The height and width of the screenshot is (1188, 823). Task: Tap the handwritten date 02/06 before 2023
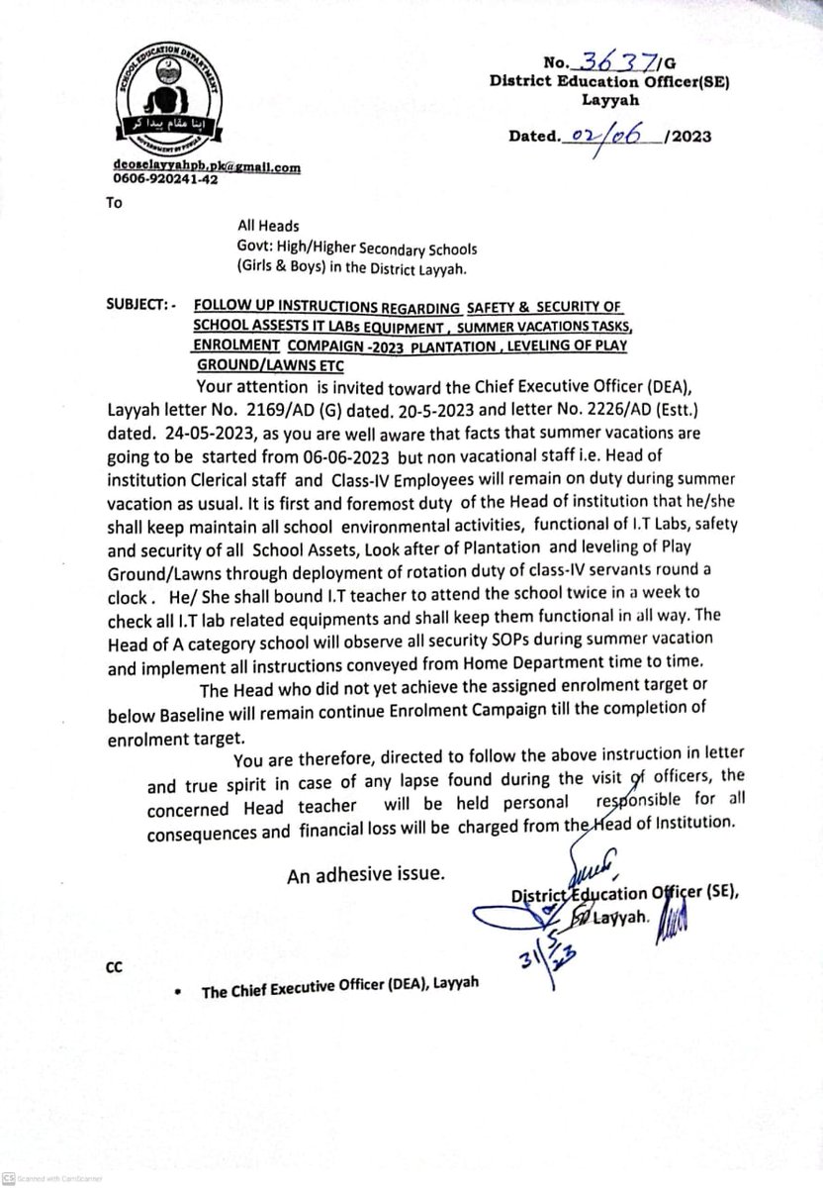[609, 136]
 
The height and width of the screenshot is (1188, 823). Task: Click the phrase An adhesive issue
[366, 874]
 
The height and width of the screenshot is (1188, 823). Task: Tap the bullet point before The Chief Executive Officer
[176, 993]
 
